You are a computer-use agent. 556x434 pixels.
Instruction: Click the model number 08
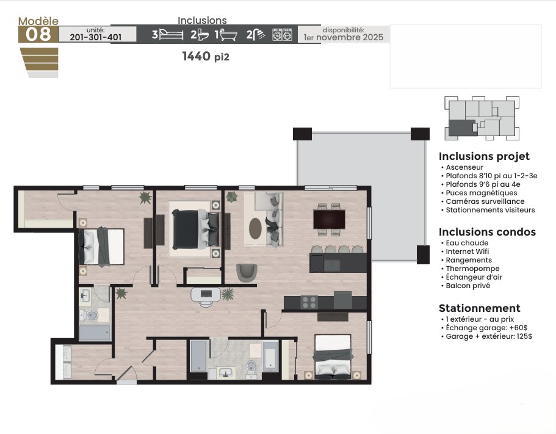point(38,34)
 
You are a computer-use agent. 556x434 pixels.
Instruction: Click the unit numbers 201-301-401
point(96,37)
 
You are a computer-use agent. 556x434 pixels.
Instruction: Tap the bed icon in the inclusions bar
point(171,34)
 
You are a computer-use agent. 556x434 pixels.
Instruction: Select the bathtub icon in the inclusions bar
point(228,35)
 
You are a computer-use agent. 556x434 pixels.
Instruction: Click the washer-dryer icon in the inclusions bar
point(282,34)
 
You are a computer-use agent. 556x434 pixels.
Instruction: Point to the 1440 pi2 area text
point(206,56)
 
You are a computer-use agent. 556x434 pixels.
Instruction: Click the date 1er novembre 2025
point(344,37)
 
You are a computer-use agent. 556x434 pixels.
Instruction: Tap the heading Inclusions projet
point(484,156)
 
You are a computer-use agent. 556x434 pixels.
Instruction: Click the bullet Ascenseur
point(464,167)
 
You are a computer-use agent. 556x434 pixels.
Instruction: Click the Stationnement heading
point(480,308)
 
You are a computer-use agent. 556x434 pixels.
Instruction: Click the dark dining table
point(329,219)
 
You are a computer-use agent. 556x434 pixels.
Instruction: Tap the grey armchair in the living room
point(247,272)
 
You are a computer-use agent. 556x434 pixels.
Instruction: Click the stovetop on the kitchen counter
point(309,303)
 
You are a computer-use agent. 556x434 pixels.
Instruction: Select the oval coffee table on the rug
point(255,228)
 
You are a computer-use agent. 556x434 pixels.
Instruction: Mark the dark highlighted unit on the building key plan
point(463,128)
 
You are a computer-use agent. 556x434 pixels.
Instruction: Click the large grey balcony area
point(361,197)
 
